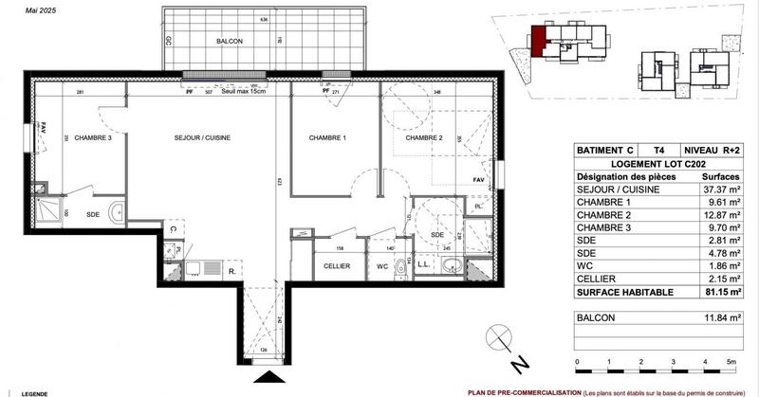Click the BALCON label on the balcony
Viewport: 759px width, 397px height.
click(x=229, y=42)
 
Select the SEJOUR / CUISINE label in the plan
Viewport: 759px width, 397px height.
click(x=202, y=138)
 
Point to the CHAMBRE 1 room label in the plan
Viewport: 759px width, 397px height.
click(x=327, y=138)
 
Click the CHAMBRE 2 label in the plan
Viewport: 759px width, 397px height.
click(x=424, y=138)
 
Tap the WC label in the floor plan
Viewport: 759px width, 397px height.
click(x=381, y=267)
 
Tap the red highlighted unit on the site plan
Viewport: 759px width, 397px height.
click(x=538, y=42)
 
